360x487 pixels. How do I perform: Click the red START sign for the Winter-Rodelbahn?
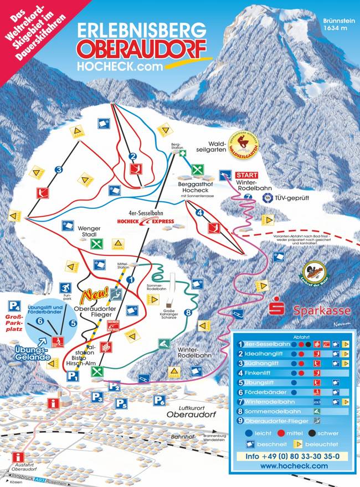[x=247, y=175]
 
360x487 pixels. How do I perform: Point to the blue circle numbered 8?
[x=188, y=313]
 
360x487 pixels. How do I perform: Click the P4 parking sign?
[x=14, y=304]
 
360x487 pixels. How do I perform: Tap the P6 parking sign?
[x=160, y=401]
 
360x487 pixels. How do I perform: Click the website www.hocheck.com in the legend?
[x=287, y=467]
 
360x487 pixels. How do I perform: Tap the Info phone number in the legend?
[x=287, y=456]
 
